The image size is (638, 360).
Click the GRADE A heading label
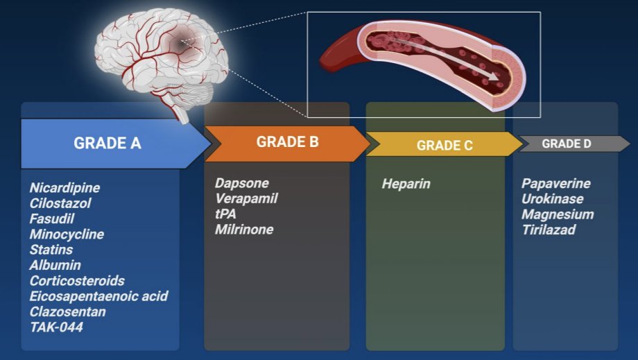pyautogui.click(x=107, y=144)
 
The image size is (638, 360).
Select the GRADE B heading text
pyautogui.click(x=287, y=142)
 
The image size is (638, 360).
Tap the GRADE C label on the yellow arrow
pyautogui.click(x=445, y=146)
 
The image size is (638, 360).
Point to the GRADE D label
pyautogui.click(x=566, y=144)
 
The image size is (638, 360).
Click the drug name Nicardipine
pyautogui.click(x=64, y=188)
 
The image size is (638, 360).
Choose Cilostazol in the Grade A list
pyautogui.click(x=60, y=203)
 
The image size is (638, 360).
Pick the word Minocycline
pyautogui.click(x=67, y=234)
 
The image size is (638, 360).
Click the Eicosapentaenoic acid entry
pyautogui.click(x=98, y=296)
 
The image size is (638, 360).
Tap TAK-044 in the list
pyautogui.click(x=56, y=327)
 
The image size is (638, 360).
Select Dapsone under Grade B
pyautogui.click(x=241, y=184)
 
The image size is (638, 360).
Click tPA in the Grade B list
pyautogui.click(x=225, y=214)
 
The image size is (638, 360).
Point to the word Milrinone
pyautogui.click(x=244, y=230)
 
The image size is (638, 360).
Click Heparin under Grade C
pyautogui.click(x=406, y=185)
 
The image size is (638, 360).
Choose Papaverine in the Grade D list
pyautogui.click(x=555, y=184)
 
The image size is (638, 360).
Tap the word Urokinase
pyautogui.click(x=552, y=199)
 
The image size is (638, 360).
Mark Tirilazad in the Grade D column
pyautogui.click(x=549, y=230)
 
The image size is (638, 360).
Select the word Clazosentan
pyautogui.click(x=67, y=311)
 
